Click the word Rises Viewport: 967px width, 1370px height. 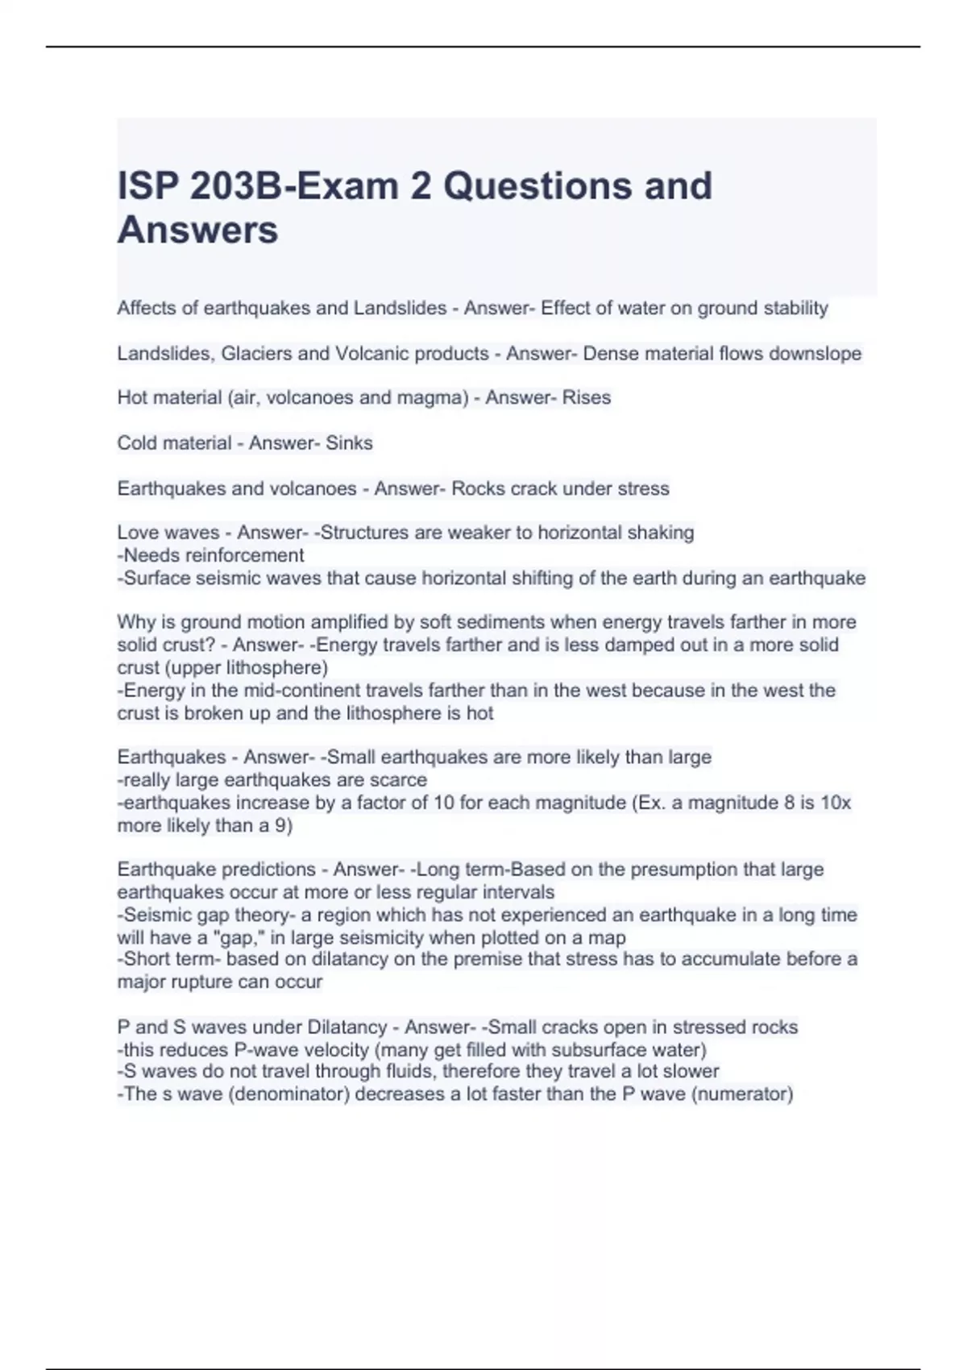pos(587,397)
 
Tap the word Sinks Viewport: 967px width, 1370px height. pos(349,442)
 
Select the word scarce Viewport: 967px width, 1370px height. pos(398,780)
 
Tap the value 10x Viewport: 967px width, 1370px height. pos(835,803)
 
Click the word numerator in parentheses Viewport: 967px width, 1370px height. pos(742,1094)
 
